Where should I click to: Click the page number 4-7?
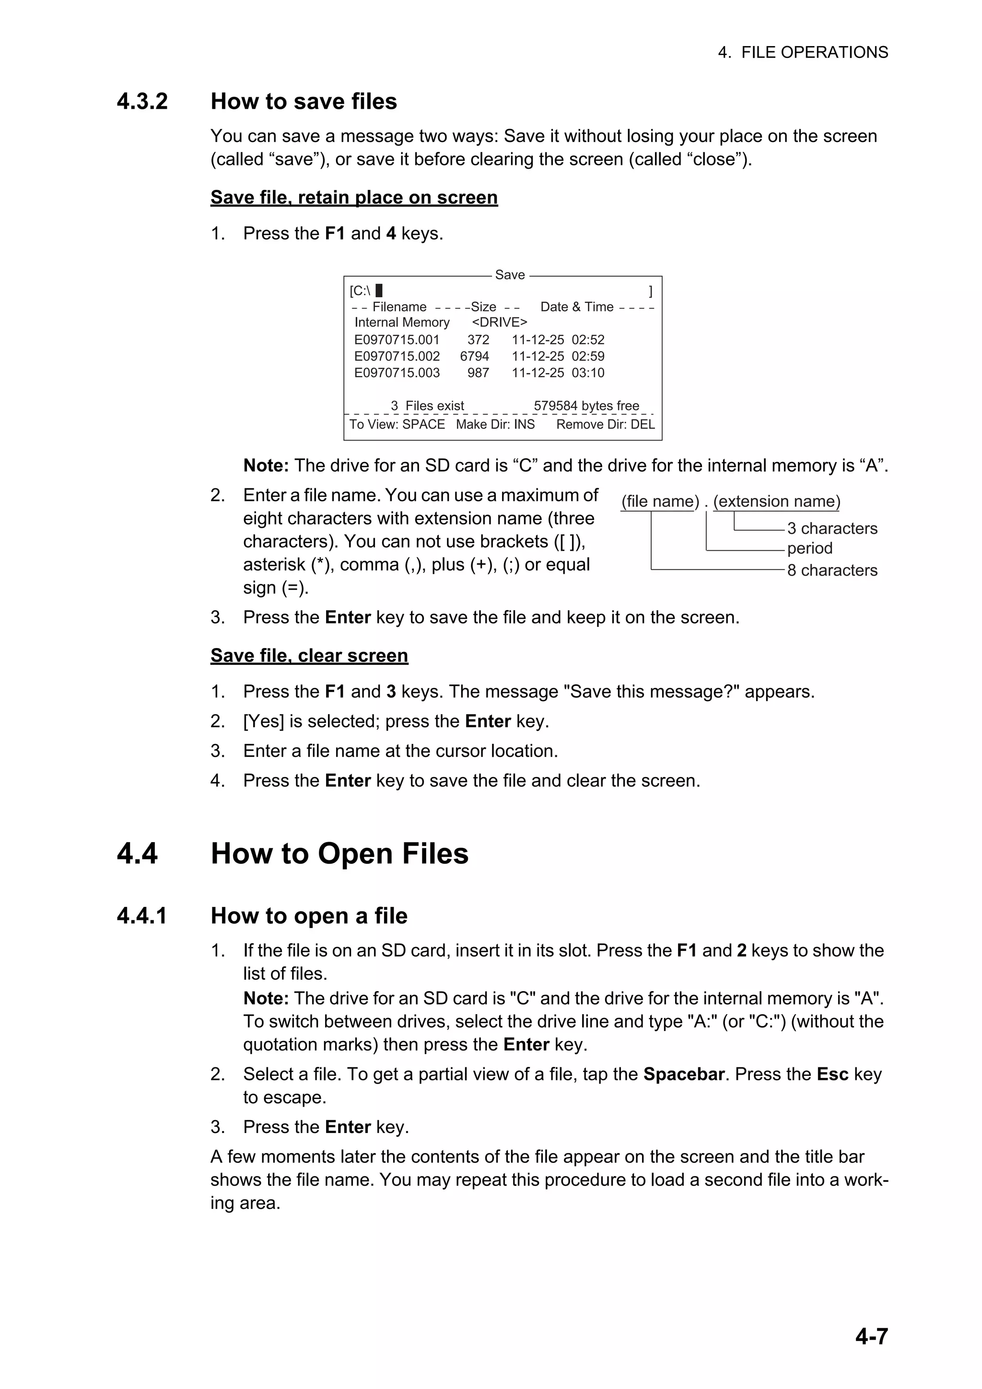click(871, 1336)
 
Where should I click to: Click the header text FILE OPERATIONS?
click(814, 53)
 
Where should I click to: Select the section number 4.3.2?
click(142, 102)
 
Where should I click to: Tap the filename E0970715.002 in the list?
click(397, 356)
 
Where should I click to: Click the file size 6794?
click(474, 356)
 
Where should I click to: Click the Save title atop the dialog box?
click(509, 275)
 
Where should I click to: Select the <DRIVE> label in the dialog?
click(499, 323)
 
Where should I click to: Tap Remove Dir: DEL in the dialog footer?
click(605, 424)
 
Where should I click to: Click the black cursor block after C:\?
click(379, 291)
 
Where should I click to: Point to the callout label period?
click(809, 548)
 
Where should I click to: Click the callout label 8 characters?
click(832, 570)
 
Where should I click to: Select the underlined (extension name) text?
click(776, 501)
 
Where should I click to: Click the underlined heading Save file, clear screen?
click(309, 656)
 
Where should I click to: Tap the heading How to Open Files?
click(339, 854)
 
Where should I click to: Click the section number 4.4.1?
click(142, 916)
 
